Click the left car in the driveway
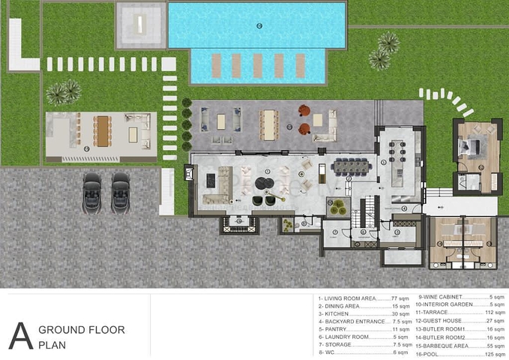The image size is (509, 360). pos(91,193)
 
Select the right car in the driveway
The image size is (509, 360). pos(120,193)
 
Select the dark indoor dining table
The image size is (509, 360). pos(351,166)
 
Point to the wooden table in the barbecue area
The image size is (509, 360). pos(101,130)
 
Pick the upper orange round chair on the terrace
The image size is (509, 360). pos(306,111)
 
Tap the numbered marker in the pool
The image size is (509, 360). pos(259,26)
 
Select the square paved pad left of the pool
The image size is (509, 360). pos(140,23)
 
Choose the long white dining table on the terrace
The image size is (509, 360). pos(268,122)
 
